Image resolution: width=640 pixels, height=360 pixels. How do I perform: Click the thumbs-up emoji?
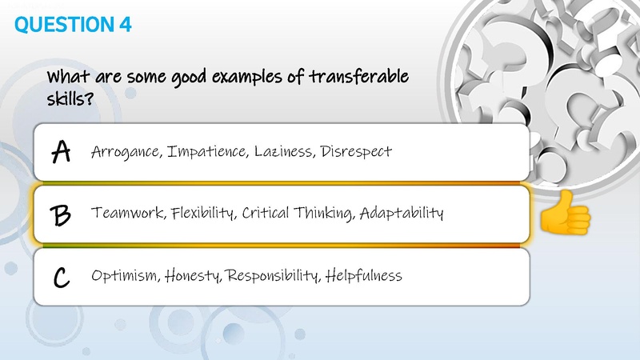(566, 215)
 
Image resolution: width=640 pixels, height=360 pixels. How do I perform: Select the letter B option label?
(61, 214)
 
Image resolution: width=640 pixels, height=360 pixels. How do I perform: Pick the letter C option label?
(61, 277)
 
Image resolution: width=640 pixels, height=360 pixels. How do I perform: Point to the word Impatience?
(202, 151)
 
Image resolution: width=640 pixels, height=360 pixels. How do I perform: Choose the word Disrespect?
(356, 151)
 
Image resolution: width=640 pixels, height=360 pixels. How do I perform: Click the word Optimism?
(126, 277)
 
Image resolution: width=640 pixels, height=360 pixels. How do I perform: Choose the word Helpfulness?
(364, 276)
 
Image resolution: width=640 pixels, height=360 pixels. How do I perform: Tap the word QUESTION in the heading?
(61, 25)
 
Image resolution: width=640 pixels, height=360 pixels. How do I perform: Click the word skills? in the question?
(71, 99)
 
